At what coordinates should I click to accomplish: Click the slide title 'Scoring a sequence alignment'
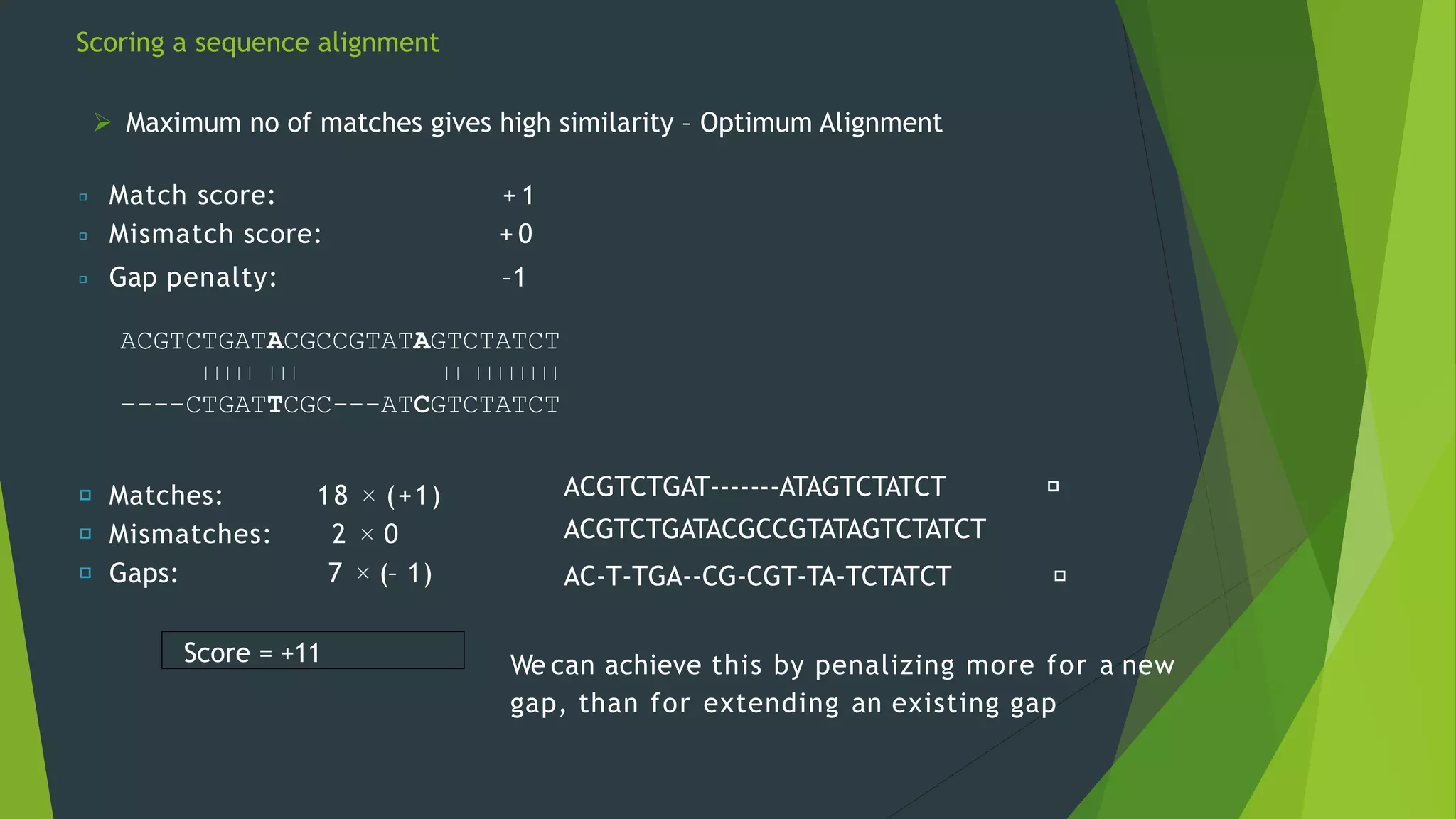[257, 43]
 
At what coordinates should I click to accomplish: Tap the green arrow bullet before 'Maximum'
[102, 122]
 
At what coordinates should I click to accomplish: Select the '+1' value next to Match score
[518, 196]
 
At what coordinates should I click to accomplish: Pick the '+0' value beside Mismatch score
[516, 234]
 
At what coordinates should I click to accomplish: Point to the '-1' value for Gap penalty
[513, 277]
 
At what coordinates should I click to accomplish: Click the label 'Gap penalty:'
[193, 277]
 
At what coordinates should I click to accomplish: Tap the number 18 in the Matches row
[333, 496]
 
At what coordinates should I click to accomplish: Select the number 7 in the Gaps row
[335, 573]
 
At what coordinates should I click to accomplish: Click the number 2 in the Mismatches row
[339, 534]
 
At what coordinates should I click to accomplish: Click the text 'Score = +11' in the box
[252, 653]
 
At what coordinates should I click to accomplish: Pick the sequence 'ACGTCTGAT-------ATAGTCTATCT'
[754, 487]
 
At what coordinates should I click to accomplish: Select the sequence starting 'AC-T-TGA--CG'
[757, 576]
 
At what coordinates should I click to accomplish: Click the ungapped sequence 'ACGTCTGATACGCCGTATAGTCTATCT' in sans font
[774, 529]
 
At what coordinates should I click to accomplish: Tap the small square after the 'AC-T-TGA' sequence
[1059, 576]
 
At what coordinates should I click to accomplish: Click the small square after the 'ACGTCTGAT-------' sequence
[1053, 486]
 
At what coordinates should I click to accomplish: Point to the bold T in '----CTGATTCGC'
[275, 405]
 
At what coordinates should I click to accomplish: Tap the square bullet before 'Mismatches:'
[85, 534]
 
